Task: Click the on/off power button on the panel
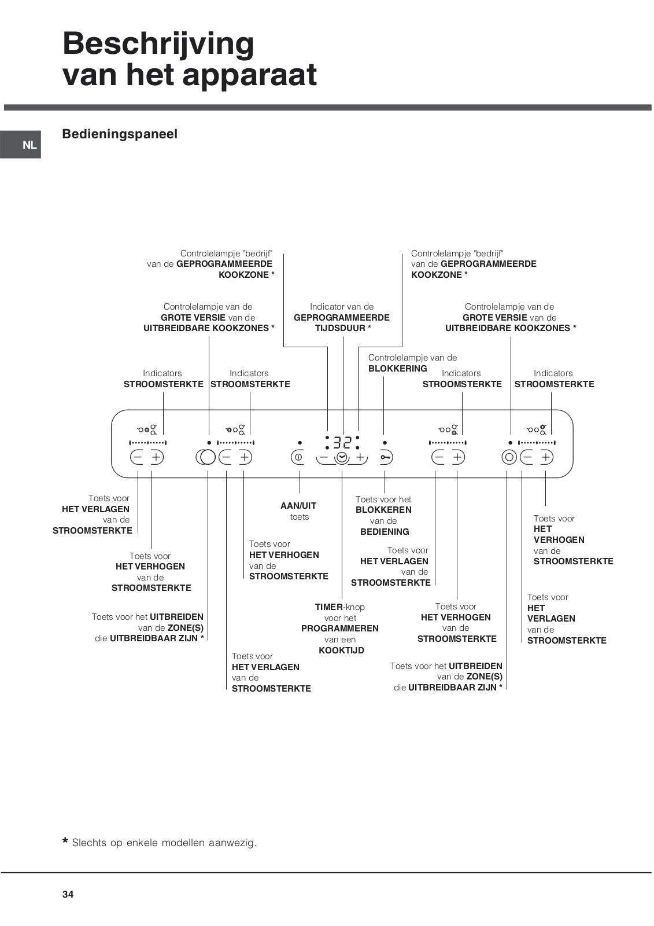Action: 298,457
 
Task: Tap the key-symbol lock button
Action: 386,458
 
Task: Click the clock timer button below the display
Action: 342,458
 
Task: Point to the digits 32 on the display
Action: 342,443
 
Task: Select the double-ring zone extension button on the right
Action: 509,457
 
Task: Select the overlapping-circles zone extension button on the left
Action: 205,457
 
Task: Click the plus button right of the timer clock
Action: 360,457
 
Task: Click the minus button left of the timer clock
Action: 323,457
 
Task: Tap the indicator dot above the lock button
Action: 385,443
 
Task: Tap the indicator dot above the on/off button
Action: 300,443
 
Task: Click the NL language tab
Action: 29,145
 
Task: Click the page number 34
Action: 68,894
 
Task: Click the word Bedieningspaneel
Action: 120,134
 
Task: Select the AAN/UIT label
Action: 298,506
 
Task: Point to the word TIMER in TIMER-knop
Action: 329,607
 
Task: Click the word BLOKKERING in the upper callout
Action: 398,369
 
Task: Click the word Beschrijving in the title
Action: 158,44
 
